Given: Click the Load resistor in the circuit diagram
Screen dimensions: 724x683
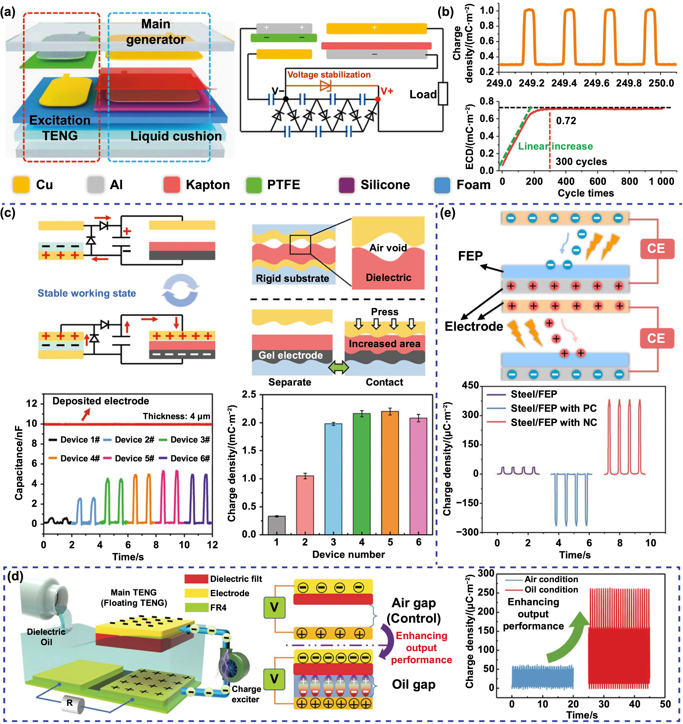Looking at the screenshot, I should point(443,94).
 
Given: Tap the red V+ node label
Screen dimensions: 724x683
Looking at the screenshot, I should point(387,91).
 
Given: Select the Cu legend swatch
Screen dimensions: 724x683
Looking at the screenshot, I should point(21,185).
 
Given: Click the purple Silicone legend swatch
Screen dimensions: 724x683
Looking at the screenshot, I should point(346,185).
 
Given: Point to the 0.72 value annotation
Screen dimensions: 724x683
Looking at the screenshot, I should point(566,121).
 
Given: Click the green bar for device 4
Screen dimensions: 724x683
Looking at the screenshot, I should point(361,474).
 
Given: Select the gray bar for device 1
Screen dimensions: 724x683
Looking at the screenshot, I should point(276,525).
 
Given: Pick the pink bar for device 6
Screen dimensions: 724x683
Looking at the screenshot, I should point(418,476).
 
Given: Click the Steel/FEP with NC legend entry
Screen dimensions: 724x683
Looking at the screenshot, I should point(553,422).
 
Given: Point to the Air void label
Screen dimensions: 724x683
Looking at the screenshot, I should point(388,248).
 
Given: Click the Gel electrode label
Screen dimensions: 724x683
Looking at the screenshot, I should point(290,355).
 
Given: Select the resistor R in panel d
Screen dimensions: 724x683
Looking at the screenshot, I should point(70,703).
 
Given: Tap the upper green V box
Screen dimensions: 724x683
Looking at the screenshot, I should point(274,607).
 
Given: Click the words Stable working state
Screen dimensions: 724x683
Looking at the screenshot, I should point(87,293).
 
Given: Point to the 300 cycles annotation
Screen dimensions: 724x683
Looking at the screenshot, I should point(581,161).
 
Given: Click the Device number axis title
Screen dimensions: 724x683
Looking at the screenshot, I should point(348,554).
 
